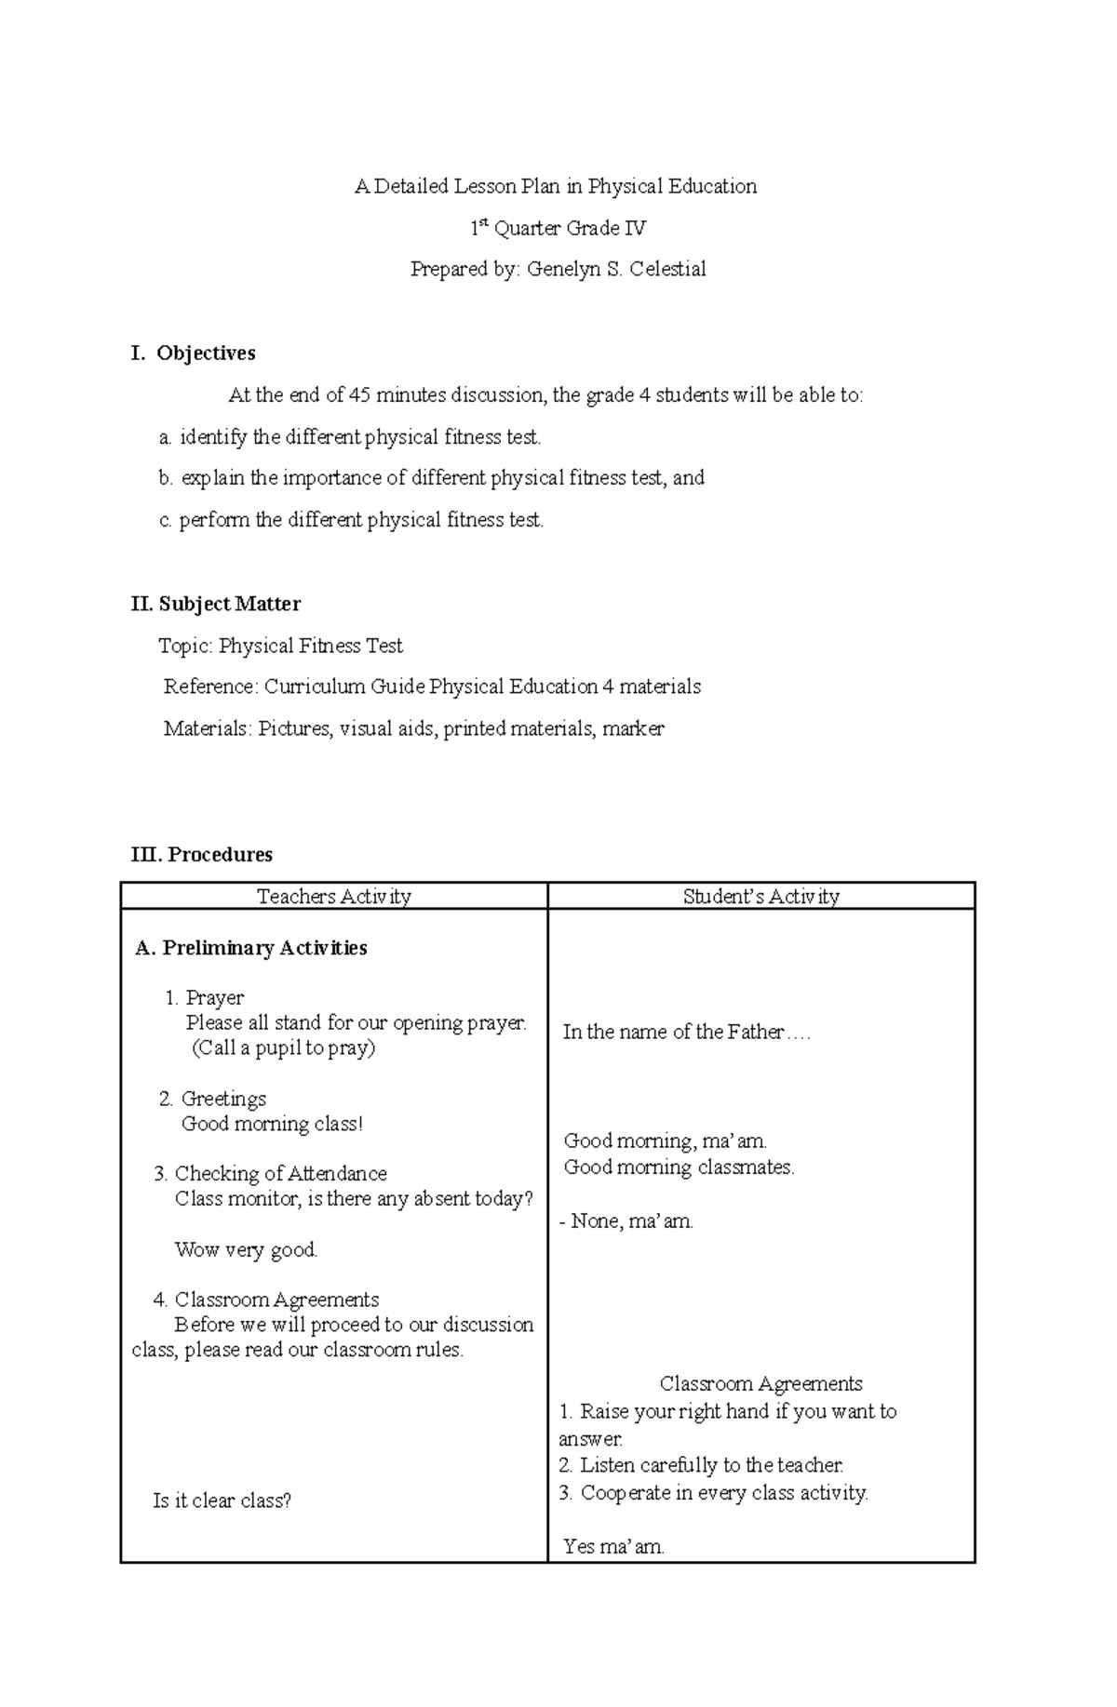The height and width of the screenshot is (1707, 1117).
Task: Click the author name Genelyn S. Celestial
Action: point(616,270)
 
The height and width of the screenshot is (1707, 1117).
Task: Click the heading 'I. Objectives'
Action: point(194,353)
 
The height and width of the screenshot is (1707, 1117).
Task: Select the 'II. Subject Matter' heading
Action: point(216,605)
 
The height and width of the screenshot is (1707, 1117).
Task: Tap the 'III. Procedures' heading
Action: point(202,855)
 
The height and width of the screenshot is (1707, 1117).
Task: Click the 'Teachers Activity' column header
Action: point(333,897)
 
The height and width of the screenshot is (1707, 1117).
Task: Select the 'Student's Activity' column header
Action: point(760,897)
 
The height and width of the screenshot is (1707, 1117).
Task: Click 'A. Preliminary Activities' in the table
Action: point(250,948)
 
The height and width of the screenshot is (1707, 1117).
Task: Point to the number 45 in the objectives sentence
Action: point(359,395)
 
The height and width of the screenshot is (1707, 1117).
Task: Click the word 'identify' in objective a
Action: point(213,437)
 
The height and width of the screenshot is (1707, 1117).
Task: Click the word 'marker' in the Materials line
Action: point(633,729)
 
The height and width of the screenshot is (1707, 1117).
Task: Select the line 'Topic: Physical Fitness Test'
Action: point(280,647)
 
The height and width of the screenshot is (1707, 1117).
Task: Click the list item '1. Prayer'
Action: point(204,998)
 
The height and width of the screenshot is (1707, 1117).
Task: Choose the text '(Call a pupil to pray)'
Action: point(283,1048)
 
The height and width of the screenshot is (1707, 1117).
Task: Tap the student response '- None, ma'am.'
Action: point(626,1221)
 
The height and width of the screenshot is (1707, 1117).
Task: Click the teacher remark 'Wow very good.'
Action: point(246,1250)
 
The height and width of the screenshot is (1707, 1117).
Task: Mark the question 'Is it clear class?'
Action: point(222,1500)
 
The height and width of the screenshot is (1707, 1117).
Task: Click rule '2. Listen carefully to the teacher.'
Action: point(701,1466)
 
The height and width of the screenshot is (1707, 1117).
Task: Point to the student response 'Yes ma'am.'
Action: point(613,1547)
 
